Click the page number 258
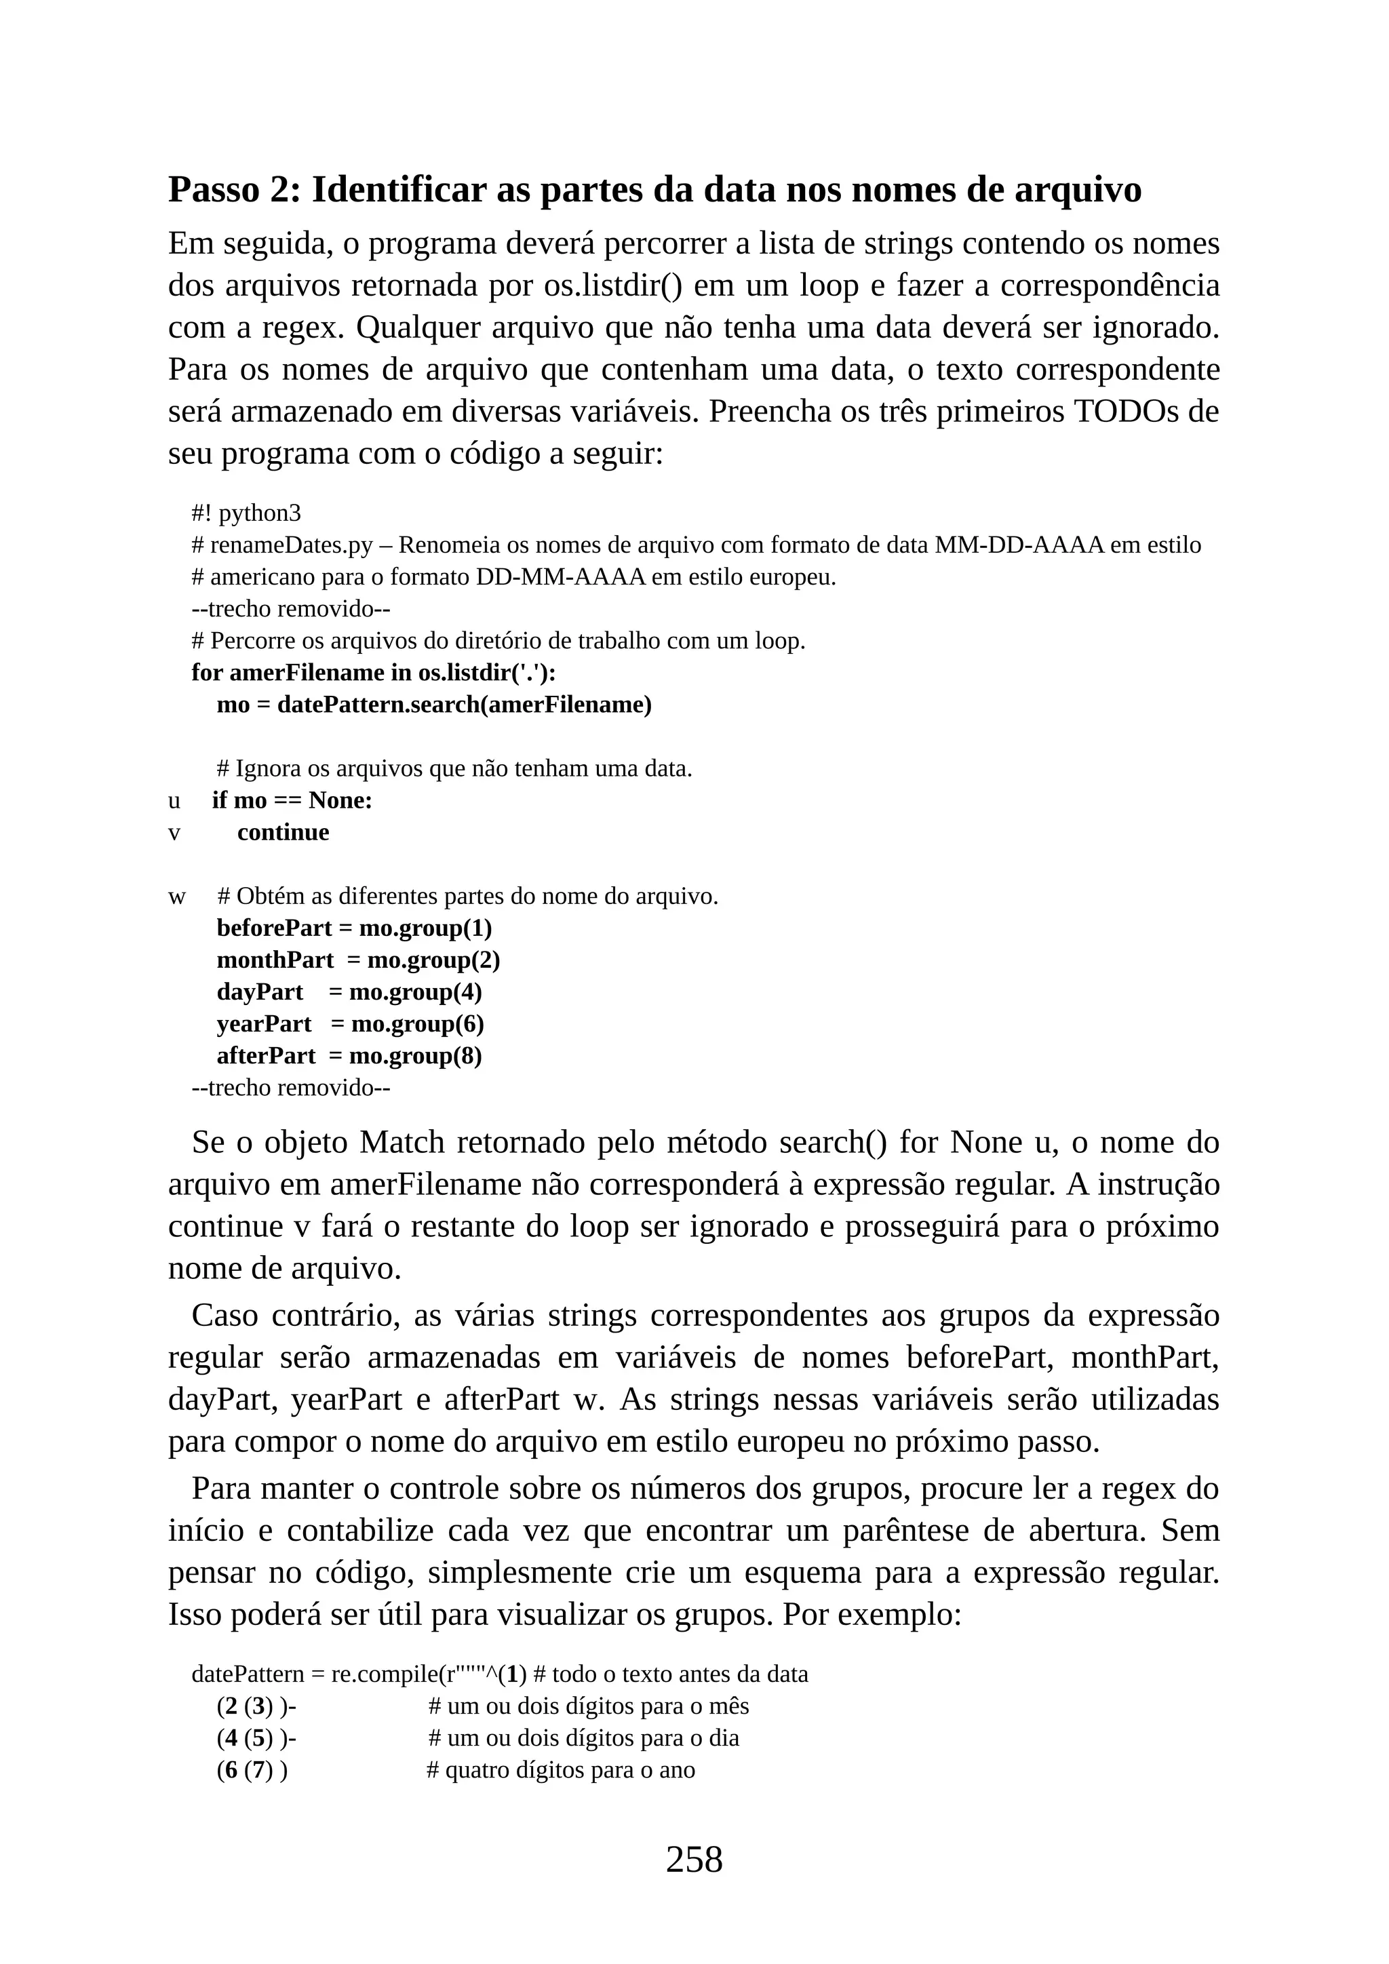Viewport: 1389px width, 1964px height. (x=694, y=1859)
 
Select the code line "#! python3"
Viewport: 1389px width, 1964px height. (x=246, y=513)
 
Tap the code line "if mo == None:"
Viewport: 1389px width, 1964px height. (x=292, y=801)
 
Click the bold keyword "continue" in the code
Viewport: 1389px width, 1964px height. (x=283, y=832)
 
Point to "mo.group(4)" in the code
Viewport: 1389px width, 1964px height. (x=416, y=992)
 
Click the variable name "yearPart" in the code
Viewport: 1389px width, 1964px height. (x=265, y=1024)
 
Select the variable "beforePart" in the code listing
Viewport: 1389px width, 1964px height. (x=275, y=928)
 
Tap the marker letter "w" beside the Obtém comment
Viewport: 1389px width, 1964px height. (x=176, y=897)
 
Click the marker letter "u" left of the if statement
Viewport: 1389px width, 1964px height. (x=174, y=801)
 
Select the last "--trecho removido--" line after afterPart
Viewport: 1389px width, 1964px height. (x=291, y=1088)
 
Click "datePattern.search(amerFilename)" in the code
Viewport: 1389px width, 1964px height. (x=465, y=705)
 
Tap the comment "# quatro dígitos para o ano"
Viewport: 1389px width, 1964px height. (x=561, y=1770)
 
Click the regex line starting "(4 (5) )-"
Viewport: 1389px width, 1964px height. (x=256, y=1738)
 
